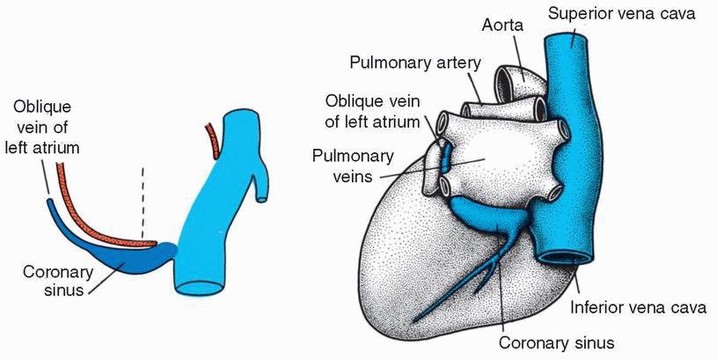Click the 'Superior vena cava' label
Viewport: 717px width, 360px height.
[621, 13]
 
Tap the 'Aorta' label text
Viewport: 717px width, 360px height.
[502, 25]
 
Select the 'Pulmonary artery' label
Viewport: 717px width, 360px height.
[415, 62]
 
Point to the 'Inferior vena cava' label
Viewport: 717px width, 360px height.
[638, 307]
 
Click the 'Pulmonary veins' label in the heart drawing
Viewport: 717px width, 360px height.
[353, 166]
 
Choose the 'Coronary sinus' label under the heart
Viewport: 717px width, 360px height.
[557, 342]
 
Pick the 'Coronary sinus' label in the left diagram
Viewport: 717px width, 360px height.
[58, 281]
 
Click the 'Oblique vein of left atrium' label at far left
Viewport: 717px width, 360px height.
[42, 128]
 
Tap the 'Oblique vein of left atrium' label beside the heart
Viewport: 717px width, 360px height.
[372, 111]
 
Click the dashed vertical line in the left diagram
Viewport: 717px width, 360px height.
[143, 203]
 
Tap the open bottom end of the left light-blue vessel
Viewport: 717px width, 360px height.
[200, 288]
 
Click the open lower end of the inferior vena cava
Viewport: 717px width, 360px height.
[563, 257]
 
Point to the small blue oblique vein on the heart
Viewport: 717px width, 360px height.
[446, 156]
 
